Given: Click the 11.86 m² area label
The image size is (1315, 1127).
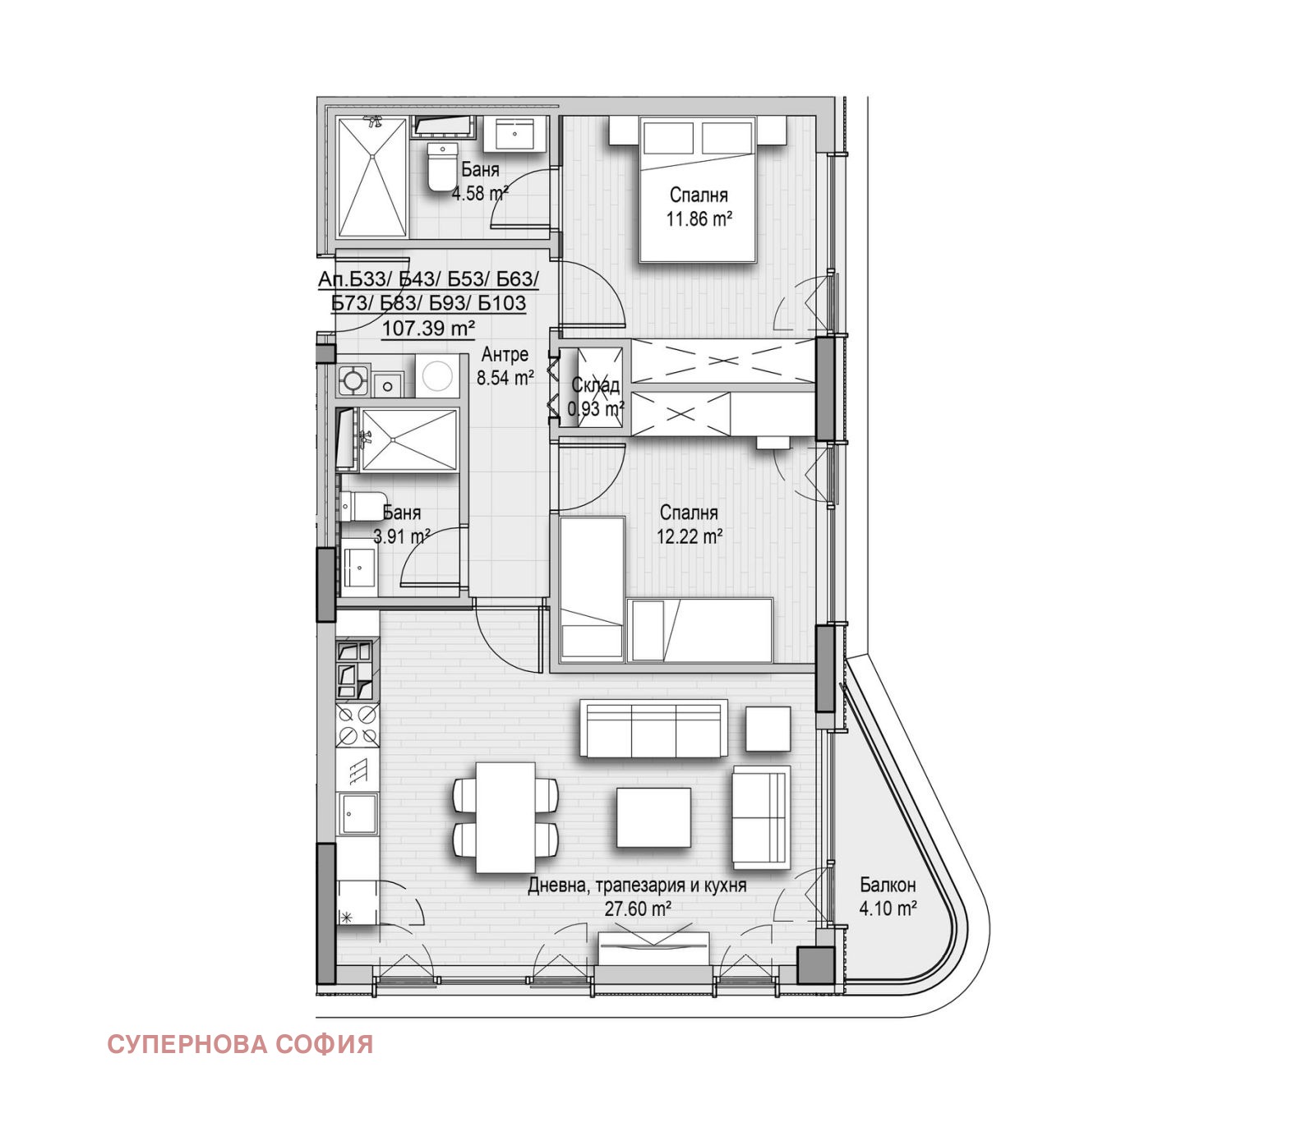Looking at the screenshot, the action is (x=699, y=219).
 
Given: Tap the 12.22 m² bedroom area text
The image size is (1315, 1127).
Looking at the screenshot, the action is (x=689, y=537).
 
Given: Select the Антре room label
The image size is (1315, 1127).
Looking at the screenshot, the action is (x=505, y=355).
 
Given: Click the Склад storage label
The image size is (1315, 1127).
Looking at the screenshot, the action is (x=596, y=385).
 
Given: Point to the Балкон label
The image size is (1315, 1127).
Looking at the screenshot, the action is (x=888, y=885).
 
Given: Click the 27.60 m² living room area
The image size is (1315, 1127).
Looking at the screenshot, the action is (x=638, y=909).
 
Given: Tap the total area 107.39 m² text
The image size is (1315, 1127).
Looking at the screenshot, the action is (x=428, y=329).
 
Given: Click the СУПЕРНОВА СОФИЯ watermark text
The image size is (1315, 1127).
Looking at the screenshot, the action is (x=240, y=1045).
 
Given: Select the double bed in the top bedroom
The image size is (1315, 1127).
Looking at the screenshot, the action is (x=697, y=190).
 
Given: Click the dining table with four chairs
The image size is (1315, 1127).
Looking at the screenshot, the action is (x=505, y=817).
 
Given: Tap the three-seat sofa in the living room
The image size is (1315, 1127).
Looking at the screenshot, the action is (x=653, y=729).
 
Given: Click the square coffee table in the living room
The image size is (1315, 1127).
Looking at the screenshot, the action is (x=653, y=817).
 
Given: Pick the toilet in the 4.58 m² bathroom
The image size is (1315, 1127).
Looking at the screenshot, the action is (x=442, y=167).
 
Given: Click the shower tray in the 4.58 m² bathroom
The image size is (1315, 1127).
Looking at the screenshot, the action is (x=373, y=177).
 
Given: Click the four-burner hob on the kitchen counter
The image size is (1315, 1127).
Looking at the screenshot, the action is (x=358, y=725).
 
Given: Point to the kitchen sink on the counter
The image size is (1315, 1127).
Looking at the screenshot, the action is (x=358, y=814).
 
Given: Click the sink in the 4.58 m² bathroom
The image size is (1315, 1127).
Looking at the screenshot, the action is (x=515, y=134).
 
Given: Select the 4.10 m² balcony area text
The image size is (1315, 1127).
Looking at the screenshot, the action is (x=888, y=909).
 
